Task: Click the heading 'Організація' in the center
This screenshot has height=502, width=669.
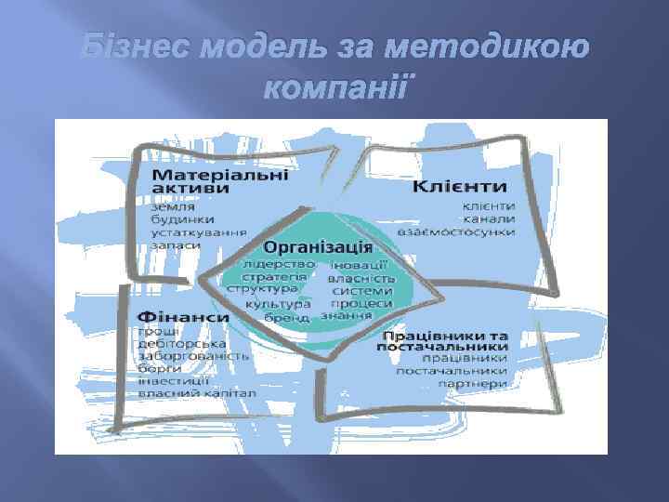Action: (318, 247)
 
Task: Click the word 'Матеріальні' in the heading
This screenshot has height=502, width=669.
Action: (220, 173)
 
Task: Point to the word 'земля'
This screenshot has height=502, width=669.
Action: (170, 205)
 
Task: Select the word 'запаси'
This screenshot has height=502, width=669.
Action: (174, 248)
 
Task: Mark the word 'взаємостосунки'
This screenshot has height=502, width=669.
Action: (456, 231)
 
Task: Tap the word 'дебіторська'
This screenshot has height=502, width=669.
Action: (178, 344)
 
